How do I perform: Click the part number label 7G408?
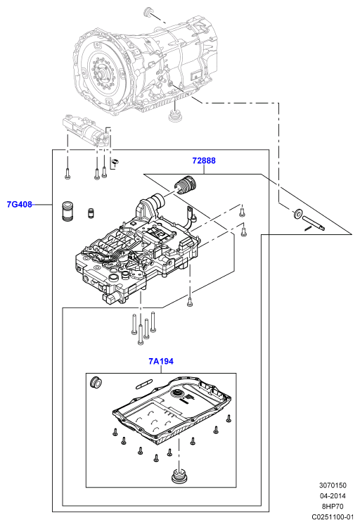point(20,204)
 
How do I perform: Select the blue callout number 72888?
point(204,160)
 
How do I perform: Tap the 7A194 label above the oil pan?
point(161,362)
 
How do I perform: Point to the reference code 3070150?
point(333,485)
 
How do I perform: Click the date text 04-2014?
point(333,496)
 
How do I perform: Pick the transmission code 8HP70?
point(333,506)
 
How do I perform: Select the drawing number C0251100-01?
point(333,517)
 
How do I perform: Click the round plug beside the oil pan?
point(96,382)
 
